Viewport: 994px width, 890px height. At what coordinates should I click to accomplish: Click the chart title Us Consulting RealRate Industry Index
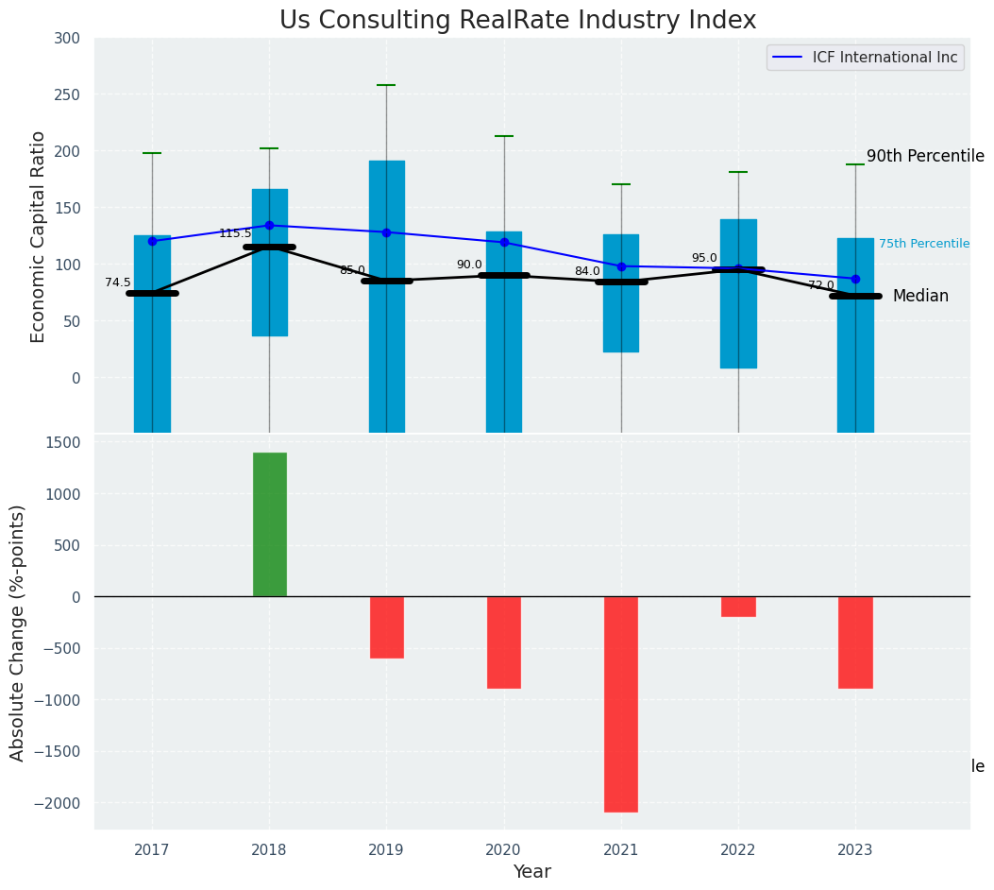click(517, 21)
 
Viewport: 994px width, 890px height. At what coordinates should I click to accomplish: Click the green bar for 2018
click(270, 524)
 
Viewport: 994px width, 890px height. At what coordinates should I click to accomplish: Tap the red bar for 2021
click(621, 704)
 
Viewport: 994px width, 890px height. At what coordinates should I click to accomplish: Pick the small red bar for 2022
click(738, 607)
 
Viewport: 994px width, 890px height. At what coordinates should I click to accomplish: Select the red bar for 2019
click(387, 627)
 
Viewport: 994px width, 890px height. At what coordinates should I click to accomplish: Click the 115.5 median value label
click(235, 233)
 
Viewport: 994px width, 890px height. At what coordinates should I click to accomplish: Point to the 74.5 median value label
click(118, 282)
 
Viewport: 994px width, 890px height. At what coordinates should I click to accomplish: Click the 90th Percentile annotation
click(925, 157)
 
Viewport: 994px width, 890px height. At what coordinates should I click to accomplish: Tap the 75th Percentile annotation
click(923, 244)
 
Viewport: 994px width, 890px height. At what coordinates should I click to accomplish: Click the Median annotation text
click(920, 297)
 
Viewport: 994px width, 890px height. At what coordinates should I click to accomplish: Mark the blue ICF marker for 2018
click(269, 225)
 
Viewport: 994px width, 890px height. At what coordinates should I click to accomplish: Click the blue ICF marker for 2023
click(855, 279)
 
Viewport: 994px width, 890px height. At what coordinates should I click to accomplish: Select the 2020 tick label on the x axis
click(504, 850)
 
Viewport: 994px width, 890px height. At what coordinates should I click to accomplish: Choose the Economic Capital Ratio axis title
click(39, 236)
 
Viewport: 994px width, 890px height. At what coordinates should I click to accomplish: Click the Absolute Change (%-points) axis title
click(18, 632)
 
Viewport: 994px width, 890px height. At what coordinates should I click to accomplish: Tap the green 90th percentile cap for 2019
click(386, 85)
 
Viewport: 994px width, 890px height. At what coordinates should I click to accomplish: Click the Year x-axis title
click(531, 872)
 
